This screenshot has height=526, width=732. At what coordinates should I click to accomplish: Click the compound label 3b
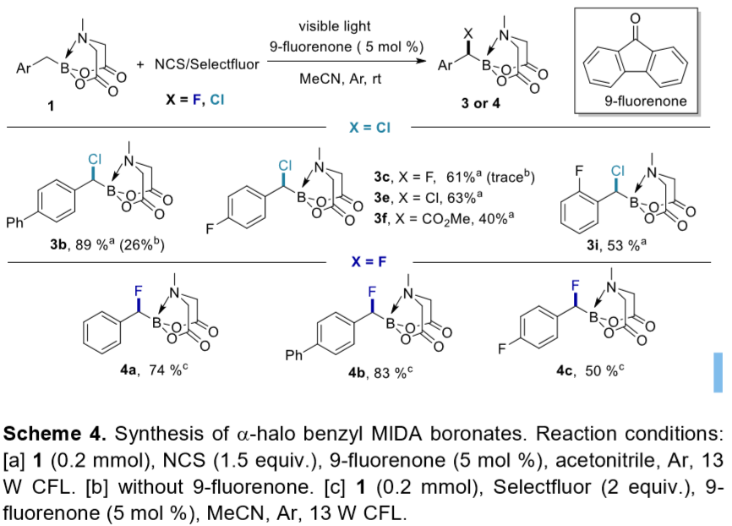tap(57, 244)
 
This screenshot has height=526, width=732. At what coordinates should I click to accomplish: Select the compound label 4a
tap(128, 370)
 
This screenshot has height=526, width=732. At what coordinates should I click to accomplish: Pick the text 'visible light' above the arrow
tap(335, 26)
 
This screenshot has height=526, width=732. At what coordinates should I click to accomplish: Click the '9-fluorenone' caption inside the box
tap(646, 101)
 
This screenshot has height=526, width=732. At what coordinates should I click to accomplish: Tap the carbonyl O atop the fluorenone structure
tap(635, 19)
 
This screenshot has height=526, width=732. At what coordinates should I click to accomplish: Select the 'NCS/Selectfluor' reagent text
tap(207, 64)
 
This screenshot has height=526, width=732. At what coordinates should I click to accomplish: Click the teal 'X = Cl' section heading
tap(369, 127)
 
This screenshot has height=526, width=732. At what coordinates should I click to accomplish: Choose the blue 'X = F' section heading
tap(369, 261)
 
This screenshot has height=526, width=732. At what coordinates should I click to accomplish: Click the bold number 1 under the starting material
tap(51, 107)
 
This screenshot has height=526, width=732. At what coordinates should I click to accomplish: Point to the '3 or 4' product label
tap(480, 103)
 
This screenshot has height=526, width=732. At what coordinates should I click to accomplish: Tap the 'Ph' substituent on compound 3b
tap(14, 222)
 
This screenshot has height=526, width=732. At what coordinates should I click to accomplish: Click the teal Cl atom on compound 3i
tap(617, 171)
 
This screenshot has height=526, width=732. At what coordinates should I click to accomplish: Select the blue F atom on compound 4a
tap(138, 292)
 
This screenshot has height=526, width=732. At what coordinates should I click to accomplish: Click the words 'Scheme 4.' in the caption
tap(55, 434)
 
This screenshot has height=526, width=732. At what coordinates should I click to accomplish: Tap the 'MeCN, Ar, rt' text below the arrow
tap(340, 79)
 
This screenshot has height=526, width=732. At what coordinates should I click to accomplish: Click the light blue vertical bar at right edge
tap(718, 372)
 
